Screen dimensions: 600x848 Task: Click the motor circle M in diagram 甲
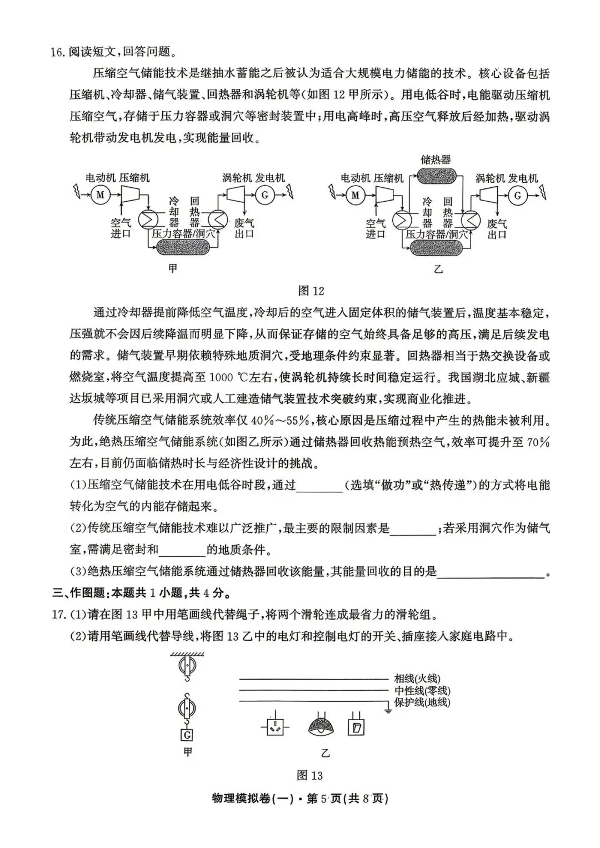pos(100,195)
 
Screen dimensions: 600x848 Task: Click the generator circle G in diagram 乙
pos(518,195)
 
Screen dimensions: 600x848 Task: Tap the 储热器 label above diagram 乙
pos(436,159)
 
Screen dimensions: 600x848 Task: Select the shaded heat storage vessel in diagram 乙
pos(436,177)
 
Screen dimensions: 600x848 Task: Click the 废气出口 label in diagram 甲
pos(244,228)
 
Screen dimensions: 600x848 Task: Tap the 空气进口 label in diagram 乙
pos(376,228)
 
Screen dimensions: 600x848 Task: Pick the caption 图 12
pos(311,291)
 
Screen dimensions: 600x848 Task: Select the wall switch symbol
pos(356,726)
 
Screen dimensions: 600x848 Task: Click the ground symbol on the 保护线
pos(387,709)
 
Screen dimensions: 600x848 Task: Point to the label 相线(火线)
pos(417,678)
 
